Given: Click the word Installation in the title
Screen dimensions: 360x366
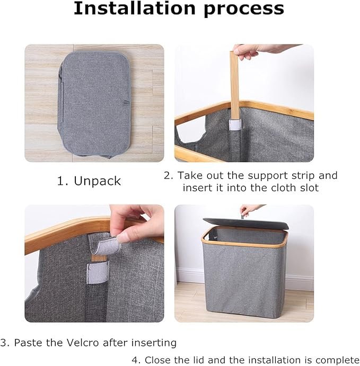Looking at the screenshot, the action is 135,8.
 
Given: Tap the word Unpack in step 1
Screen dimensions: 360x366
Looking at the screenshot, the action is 98,181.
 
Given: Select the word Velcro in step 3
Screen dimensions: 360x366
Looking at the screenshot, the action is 83,343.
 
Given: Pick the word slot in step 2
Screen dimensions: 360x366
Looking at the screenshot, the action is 309,188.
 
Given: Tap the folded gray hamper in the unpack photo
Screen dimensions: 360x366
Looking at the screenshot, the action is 94,104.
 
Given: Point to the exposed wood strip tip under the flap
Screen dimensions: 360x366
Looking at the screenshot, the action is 99,258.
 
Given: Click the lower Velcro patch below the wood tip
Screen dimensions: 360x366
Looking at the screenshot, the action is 98,273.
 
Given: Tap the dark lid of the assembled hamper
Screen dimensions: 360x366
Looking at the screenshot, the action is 246,224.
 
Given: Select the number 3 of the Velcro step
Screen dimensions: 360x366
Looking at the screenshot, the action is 4,343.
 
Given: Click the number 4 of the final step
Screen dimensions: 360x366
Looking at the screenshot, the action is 135,360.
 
